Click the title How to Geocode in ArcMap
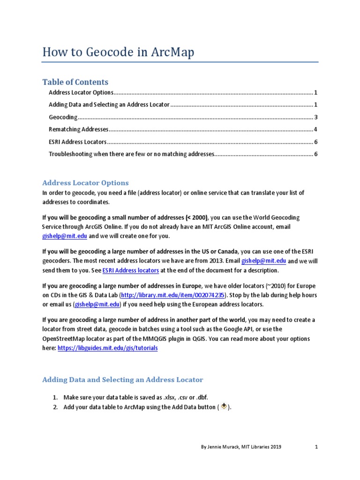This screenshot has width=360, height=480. (118, 52)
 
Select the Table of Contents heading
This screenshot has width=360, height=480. (75, 82)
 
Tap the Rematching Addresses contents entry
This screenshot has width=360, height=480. (78, 129)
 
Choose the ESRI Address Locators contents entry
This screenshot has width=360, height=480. (77, 142)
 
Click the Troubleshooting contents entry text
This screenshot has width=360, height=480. (131, 154)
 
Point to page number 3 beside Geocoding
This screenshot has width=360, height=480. (316, 117)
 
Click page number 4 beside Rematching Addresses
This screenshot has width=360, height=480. (316, 129)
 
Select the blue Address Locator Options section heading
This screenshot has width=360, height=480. (85, 183)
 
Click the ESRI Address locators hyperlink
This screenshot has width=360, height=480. (130, 270)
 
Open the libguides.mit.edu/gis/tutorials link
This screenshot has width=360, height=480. (107, 348)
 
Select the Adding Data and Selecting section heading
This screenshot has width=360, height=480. (123, 380)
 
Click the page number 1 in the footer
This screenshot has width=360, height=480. (316, 447)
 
